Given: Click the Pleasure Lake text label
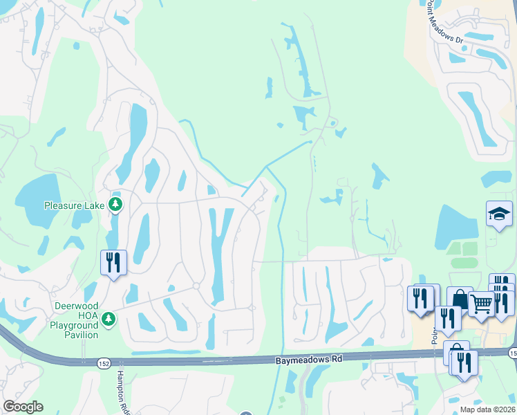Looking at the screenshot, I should click(73, 205).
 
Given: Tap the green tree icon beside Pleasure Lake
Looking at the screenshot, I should click(115, 205).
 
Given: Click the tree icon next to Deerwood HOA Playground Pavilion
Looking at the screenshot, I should click(107, 318).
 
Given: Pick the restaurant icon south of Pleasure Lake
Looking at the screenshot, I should click(113, 263).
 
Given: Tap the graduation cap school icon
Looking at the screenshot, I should click(499, 214).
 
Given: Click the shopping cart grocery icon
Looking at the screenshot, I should click(481, 303).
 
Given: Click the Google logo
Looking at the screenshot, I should click(23, 407).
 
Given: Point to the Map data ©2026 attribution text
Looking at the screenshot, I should click(487, 409).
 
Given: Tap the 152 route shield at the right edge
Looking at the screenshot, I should click(512, 353).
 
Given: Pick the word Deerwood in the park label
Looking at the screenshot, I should click(75, 306).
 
